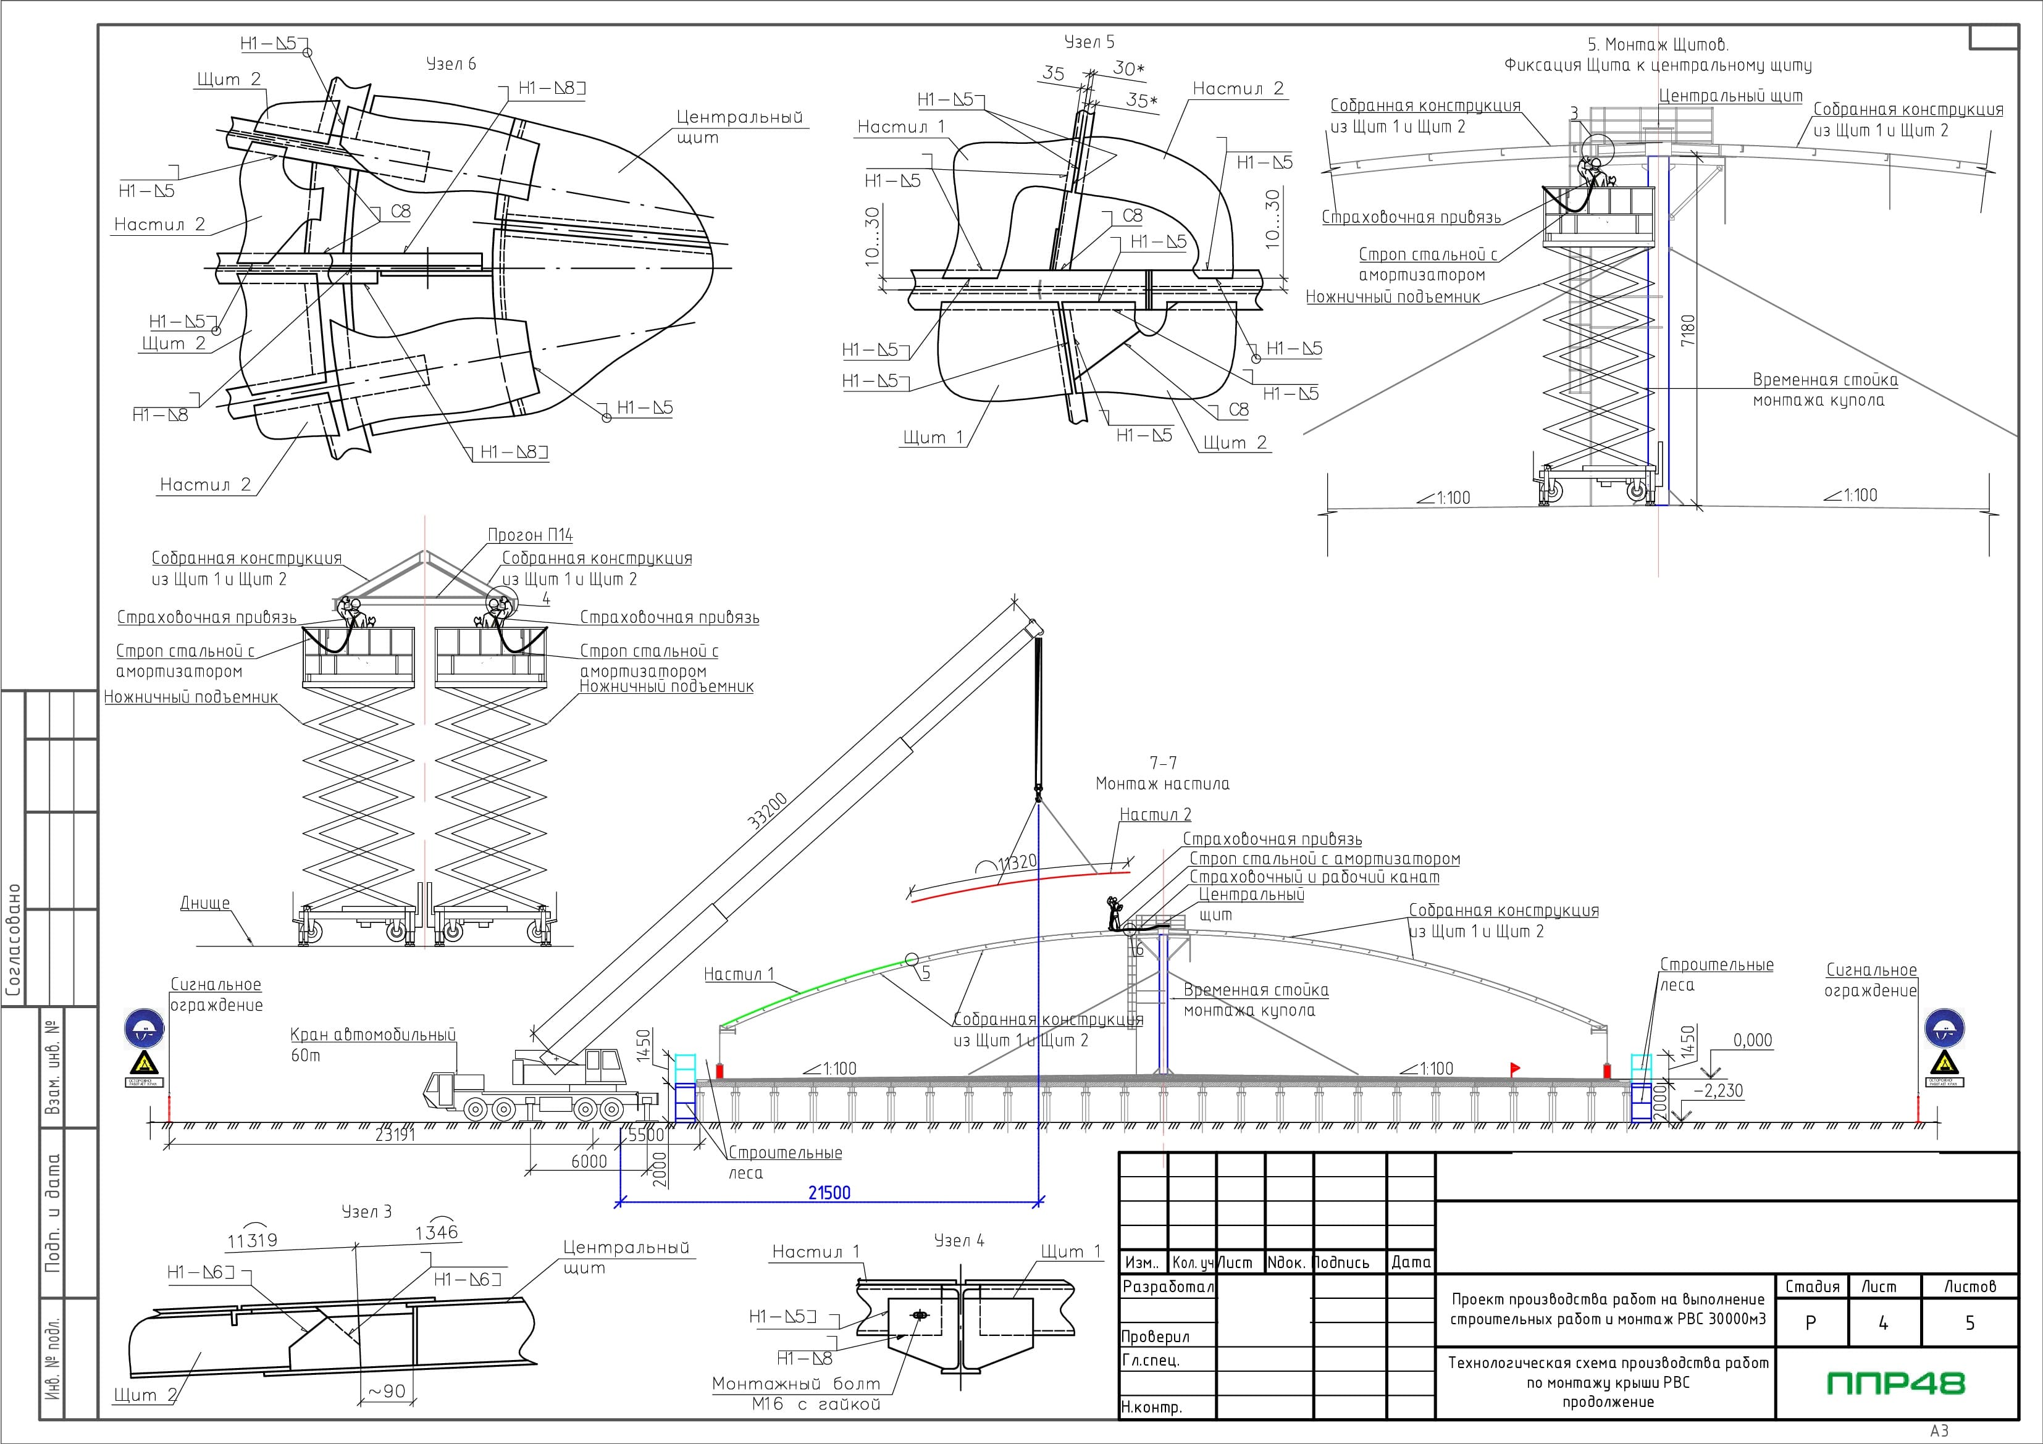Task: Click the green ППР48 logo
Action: pyautogui.click(x=1895, y=1383)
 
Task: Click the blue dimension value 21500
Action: pyautogui.click(x=829, y=1192)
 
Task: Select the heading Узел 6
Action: pyautogui.click(x=451, y=64)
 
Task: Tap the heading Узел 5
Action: pyautogui.click(x=1089, y=42)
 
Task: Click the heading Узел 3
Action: pyautogui.click(x=367, y=1212)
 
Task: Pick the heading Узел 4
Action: pyautogui.click(x=959, y=1240)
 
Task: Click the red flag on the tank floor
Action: pyautogui.click(x=1514, y=1067)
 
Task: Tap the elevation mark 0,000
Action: pyautogui.click(x=1752, y=1040)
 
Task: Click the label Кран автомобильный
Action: pyautogui.click(x=373, y=1035)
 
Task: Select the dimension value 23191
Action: pyautogui.click(x=395, y=1135)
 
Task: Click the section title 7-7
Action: pyautogui.click(x=1163, y=762)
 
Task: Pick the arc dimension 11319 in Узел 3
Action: pyautogui.click(x=253, y=1240)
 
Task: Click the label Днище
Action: pyautogui.click(x=206, y=903)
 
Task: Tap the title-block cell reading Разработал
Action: pyautogui.click(x=1167, y=1287)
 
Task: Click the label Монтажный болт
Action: pyautogui.click(x=796, y=1384)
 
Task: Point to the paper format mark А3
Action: pyautogui.click(x=1940, y=1430)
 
